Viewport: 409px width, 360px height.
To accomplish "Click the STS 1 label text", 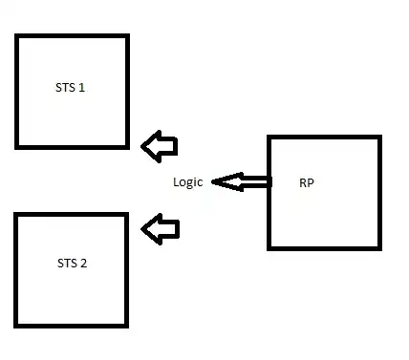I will pyautogui.click(x=71, y=87).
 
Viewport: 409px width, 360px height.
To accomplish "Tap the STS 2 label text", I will pyautogui.click(x=72, y=263).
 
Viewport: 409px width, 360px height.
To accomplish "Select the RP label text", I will pyautogui.click(x=306, y=182).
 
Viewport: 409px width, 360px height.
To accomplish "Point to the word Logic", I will pyautogui.click(x=188, y=182).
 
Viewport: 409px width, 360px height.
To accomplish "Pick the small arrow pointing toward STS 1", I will pyautogui.click(x=160, y=146).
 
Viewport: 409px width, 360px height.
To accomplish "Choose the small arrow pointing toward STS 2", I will pyautogui.click(x=160, y=228).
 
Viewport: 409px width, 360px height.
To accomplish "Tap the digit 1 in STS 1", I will pyautogui.click(x=83, y=87).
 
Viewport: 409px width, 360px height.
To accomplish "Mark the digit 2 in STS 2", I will pyautogui.click(x=84, y=263).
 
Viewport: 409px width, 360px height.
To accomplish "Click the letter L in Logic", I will pyautogui.click(x=176, y=182).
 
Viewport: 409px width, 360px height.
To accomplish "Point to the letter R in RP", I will pyautogui.click(x=302, y=182).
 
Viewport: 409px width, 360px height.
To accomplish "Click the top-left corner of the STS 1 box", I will pyautogui.click(x=17, y=36).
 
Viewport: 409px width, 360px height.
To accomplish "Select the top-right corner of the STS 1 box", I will pyautogui.click(x=126, y=36).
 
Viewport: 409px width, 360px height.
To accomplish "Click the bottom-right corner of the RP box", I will pyautogui.click(x=379, y=248).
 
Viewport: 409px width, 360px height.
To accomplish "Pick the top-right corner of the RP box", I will pyautogui.click(x=379, y=138).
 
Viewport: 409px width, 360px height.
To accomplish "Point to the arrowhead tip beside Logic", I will pyautogui.click(x=213, y=181).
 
